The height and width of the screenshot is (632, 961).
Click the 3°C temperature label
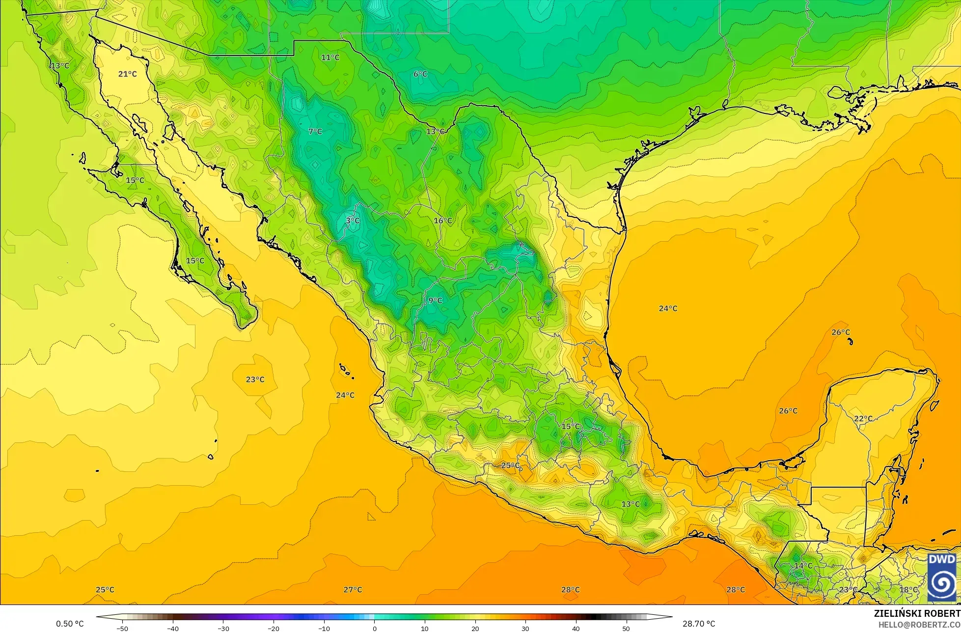click(x=353, y=220)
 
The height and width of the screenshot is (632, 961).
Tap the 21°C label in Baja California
click(x=128, y=74)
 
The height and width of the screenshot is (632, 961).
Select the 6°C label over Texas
click(x=420, y=74)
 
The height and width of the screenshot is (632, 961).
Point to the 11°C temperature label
click(x=330, y=57)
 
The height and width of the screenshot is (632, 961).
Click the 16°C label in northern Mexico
click(x=442, y=220)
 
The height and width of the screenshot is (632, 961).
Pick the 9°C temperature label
click(x=435, y=301)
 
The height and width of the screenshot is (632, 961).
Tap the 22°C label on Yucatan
click(x=863, y=418)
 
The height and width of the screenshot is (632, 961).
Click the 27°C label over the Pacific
click(x=353, y=589)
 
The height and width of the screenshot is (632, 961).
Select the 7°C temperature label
click(x=315, y=131)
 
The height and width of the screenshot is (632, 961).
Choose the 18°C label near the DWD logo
click(x=908, y=589)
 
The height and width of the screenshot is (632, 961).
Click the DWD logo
click(x=942, y=577)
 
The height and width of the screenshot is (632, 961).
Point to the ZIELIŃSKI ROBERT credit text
click(x=917, y=613)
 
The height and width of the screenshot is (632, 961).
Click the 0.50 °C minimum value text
click(x=70, y=624)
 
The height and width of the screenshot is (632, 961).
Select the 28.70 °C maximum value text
click(x=699, y=624)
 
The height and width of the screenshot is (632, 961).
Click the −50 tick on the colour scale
click(x=122, y=628)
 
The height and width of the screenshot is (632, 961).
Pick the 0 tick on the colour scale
click(x=374, y=628)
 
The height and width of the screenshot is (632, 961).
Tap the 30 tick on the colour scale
click(x=525, y=628)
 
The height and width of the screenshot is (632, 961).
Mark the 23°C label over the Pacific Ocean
click(x=255, y=379)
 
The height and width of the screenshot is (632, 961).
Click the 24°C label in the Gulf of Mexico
click(x=668, y=308)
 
